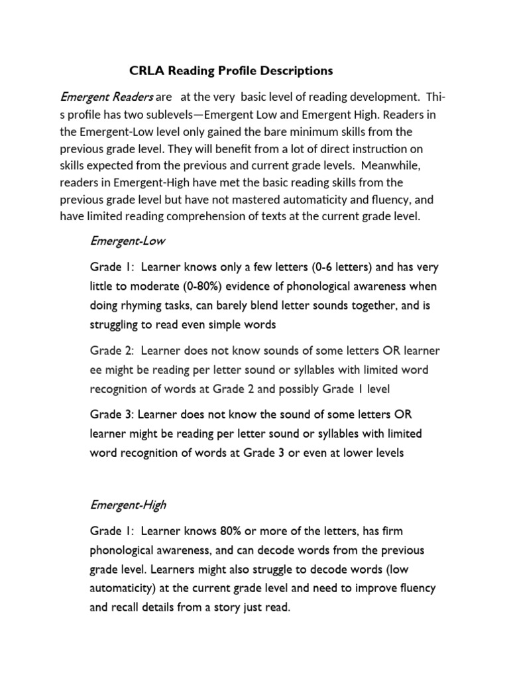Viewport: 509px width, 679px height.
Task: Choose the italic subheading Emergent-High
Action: [121, 505]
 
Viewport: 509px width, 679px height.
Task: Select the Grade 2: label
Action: [111, 350]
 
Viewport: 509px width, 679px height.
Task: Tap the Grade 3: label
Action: [111, 414]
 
